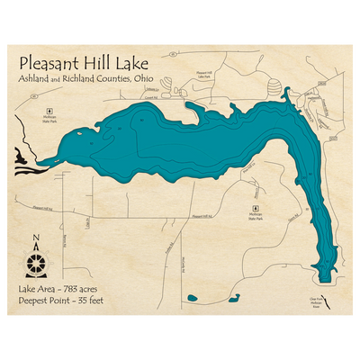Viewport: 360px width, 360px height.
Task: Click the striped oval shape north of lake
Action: point(275,87)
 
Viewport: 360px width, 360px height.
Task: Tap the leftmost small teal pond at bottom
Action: point(191,297)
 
